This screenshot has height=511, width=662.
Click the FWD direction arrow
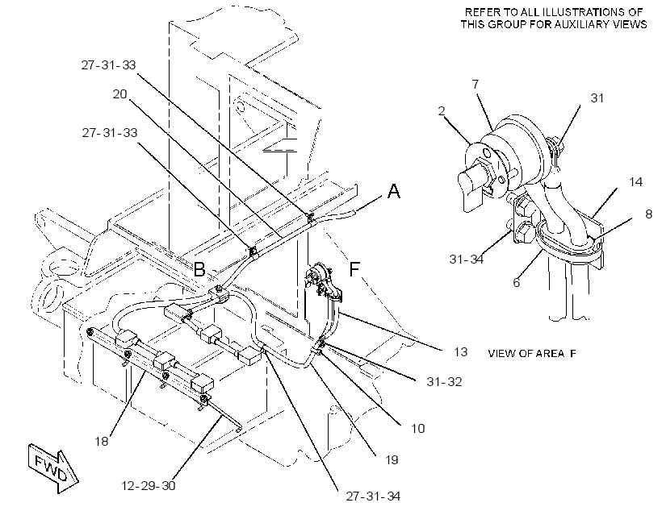click(x=53, y=468)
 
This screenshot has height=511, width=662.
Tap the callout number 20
click(x=120, y=94)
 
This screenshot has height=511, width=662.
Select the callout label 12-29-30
click(x=149, y=486)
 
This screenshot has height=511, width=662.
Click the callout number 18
click(x=102, y=441)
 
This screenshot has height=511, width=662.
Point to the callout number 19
click(x=392, y=459)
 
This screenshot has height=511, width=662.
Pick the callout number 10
click(x=417, y=428)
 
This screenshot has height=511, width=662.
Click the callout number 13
click(x=461, y=351)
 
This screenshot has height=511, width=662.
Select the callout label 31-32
click(x=444, y=381)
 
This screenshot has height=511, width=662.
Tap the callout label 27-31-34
click(x=373, y=496)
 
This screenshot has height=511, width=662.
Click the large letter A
click(x=393, y=191)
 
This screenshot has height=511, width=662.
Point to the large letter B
click(x=199, y=269)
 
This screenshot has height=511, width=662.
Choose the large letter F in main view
click(x=354, y=268)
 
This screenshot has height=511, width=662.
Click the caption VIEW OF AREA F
click(x=532, y=353)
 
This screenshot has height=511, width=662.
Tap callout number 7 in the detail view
click(x=476, y=85)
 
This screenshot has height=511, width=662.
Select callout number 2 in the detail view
click(x=442, y=111)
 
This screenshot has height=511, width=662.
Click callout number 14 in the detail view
click(x=635, y=181)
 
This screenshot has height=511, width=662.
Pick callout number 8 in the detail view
click(x=649, y=214)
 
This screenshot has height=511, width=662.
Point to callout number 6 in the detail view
click(x=517, y=282)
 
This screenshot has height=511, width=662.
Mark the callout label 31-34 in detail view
click(x=466, y=259)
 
